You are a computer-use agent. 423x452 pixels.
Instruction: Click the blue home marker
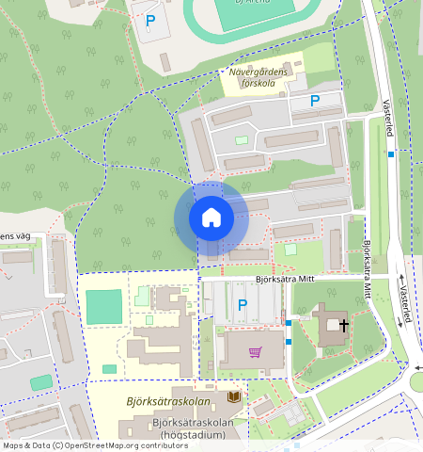(211, 218)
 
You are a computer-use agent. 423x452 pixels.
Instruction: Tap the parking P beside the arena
(150, 20)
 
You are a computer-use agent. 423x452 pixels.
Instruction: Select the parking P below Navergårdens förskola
(315, 101)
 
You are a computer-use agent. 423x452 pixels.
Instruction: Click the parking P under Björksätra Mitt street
(243, 304)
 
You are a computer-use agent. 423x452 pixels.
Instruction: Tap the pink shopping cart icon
(255, 352)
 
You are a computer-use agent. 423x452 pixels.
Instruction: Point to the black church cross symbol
(344, 326)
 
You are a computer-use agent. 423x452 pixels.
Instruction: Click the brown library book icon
(233, 399)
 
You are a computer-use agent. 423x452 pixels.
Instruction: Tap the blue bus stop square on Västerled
(390, 153)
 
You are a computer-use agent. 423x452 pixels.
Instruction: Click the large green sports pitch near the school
(103, 307)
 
